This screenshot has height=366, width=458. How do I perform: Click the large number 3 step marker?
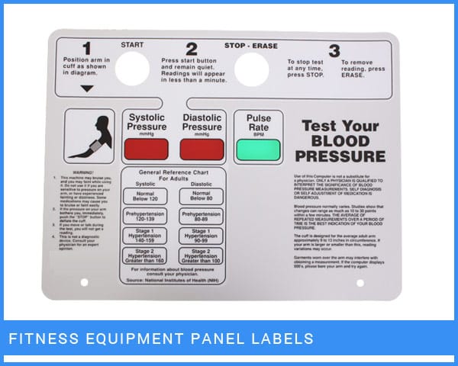(x=334, y=51)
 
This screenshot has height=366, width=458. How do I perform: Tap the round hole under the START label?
(x=132, y=68)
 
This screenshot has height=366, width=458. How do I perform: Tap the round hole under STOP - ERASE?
(x=250, y=66)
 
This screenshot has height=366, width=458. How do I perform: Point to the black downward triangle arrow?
(x=86, y=88)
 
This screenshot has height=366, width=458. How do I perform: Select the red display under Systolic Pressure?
(x=147, y=148)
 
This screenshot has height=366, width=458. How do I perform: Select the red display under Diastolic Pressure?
(x=202, y=148)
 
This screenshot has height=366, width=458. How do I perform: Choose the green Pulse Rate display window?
(x=257, y=149)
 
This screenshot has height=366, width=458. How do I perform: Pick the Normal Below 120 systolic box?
(x=147, y=195)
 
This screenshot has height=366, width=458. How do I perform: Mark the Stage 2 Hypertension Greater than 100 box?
(x=202, y=257)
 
